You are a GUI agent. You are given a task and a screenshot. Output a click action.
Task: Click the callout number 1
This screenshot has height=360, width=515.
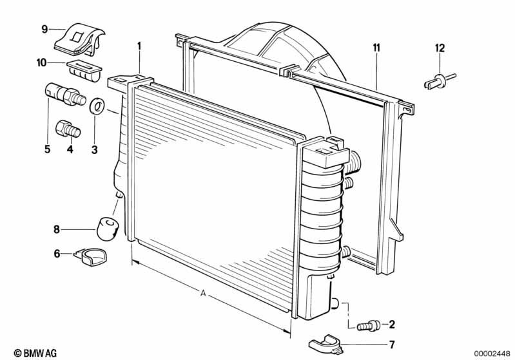(139, 46)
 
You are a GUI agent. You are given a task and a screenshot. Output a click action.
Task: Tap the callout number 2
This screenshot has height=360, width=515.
(391, 324)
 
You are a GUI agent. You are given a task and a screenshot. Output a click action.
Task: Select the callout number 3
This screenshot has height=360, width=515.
(94, 150)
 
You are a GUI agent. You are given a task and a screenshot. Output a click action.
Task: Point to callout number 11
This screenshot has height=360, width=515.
(376, 47)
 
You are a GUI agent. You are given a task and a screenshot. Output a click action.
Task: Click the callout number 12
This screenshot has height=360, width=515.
(440, 47)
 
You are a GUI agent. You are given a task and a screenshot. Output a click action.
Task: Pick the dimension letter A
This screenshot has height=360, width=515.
(203, 294)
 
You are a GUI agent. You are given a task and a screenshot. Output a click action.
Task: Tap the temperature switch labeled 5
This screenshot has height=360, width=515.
(64, 94)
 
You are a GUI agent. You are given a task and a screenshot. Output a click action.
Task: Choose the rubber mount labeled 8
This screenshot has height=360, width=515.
(108, 227)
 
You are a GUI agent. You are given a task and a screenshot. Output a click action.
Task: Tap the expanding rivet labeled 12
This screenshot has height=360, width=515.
(439, 81)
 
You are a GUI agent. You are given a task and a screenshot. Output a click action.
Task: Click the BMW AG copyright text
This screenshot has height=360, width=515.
(32, 353)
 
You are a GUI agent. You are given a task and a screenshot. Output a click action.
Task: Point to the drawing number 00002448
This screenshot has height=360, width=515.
(492, 353)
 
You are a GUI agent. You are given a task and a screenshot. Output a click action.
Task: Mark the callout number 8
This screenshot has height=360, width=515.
(57, 229)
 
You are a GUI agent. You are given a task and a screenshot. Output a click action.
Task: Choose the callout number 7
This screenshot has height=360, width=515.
(391, 345)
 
